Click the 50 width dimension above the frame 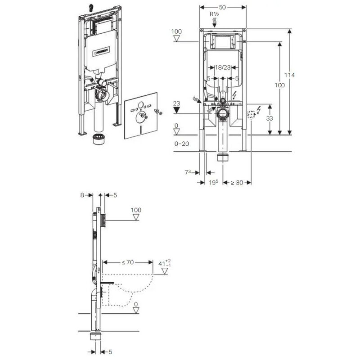223,7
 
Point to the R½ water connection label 215,14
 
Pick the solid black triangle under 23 177,109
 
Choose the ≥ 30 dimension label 237,183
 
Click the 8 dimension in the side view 82,195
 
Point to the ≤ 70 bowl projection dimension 129,261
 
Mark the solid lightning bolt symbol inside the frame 234,95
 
